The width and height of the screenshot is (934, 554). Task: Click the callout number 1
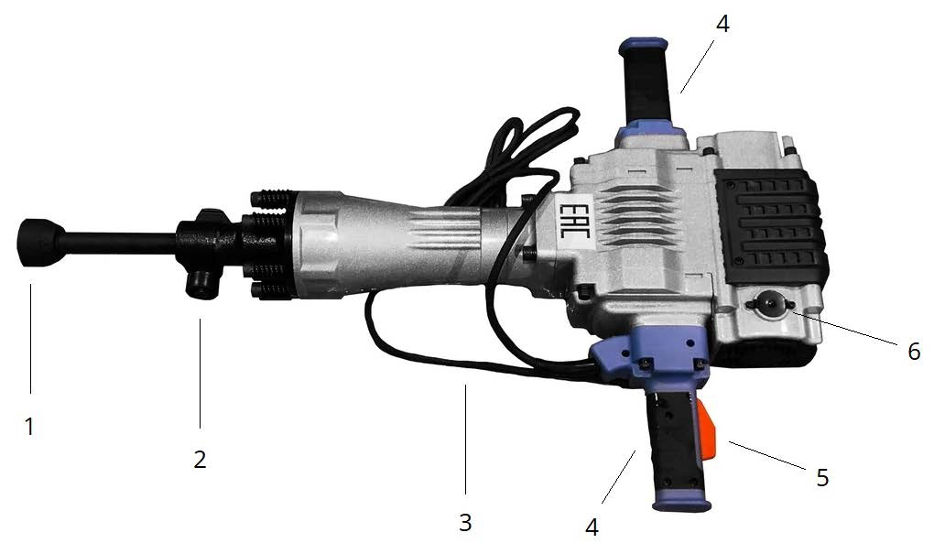29,427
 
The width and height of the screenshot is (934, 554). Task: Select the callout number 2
200,460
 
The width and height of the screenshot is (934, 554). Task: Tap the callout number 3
465,523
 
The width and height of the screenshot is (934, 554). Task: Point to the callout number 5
822,477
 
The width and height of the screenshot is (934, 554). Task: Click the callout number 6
914,352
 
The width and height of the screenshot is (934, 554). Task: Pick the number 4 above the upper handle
722,24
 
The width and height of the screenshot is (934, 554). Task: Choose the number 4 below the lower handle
592,527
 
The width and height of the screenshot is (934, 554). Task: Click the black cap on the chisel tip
39,243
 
